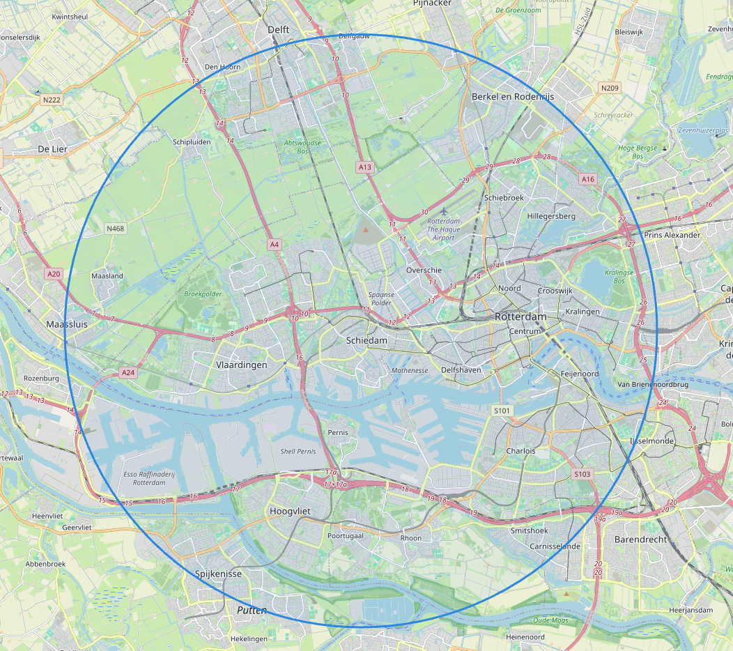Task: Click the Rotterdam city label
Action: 521,316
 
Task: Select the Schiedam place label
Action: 366,339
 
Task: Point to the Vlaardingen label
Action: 241,365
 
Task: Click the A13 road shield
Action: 365,167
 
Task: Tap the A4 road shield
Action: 275,244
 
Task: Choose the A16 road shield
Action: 588,179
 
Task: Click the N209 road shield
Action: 610,88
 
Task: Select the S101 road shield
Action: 502,411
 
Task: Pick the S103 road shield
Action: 582,474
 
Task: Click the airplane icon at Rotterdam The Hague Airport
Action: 445,210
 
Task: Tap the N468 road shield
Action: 116,229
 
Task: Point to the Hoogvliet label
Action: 289,512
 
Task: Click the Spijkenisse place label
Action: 218,574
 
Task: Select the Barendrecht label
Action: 640,539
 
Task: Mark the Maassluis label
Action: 65,325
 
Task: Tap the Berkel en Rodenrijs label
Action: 513,97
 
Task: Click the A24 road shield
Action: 128,373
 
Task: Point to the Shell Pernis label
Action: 298,452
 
